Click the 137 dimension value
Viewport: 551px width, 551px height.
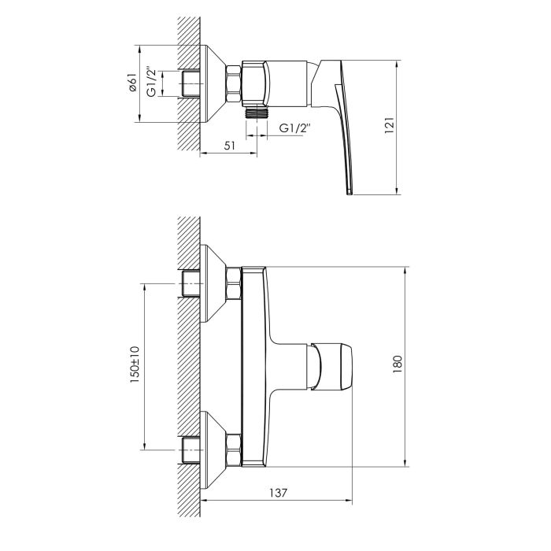pos(275,493)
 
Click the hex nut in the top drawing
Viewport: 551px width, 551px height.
pos(235,83)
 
